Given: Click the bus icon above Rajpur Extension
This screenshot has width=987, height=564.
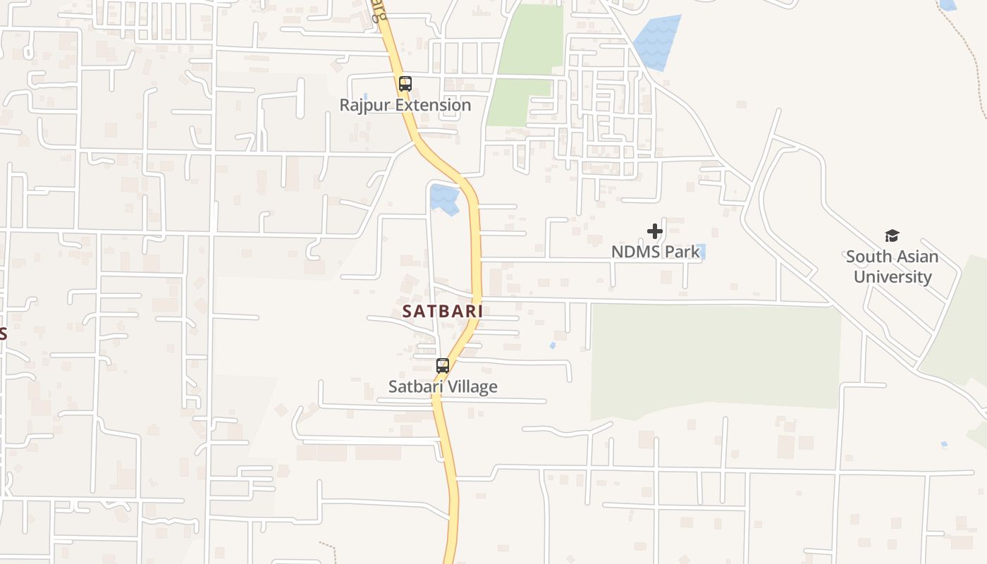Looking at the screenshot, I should pyautogui.click(x=405, y=84).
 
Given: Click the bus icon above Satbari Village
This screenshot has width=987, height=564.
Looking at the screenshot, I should pyautogui.click(x=443, y=366).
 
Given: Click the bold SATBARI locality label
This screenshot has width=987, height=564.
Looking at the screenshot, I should pyautogui.click(x=443, y=311).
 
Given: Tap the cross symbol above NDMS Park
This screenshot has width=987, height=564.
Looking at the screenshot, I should pyautogui.click(x=655, y=231).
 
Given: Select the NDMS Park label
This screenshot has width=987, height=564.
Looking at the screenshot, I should pyautogui.click(x=656, y=252).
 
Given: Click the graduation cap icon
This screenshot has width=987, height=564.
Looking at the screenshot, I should pyautogui.click(x=893, y=236).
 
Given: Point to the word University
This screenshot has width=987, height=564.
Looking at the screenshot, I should pyautogui.click(x=893, y=276).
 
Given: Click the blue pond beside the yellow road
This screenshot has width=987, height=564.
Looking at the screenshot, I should pyautogui.click(x=444, y=198).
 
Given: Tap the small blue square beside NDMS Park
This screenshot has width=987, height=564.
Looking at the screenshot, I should pyautogui.click(x=701, y=250).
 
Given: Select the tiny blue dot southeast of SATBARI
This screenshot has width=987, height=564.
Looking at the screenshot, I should pyautogui.click(x=552, y=345).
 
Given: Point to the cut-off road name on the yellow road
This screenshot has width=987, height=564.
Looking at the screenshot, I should pyautogui.click(x=379, y=11).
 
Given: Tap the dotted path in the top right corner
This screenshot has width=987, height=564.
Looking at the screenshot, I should pyautogui.click(x=973, y=56).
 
